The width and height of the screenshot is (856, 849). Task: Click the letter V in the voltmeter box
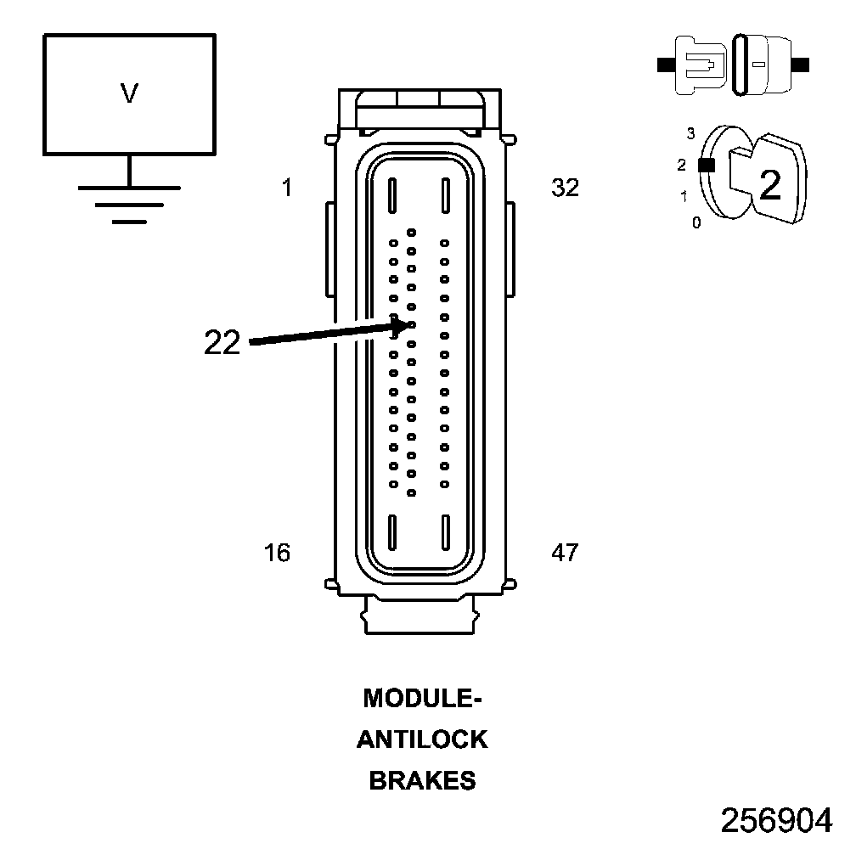click(129, 93)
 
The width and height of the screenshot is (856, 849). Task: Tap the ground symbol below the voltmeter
click(129, 203)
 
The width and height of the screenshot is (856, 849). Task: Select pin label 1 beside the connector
click(287, 188)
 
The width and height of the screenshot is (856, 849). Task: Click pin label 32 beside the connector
click(565, 188)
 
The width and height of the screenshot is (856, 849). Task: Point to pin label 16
click(277, 553)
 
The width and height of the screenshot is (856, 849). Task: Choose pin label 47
click(565, 553)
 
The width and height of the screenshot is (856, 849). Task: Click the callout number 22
click(222, 342)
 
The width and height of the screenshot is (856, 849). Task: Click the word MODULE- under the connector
click(423, 698)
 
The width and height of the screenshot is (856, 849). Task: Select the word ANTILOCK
click(422, 739)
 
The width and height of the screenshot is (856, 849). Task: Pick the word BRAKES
click(422, 781)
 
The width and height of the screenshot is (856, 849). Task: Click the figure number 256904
click(776, 820)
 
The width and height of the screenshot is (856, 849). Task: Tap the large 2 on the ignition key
click(769, 185)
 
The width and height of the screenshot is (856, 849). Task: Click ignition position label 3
click(690, 133)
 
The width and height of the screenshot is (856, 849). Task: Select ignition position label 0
click(696, 223)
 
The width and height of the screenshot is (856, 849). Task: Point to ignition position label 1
click(684, 197)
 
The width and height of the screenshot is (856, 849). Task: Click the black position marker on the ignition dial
click(704, 166)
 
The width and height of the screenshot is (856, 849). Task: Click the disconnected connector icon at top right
click(733, 64)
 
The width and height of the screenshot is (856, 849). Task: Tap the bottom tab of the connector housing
click(420, 615)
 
